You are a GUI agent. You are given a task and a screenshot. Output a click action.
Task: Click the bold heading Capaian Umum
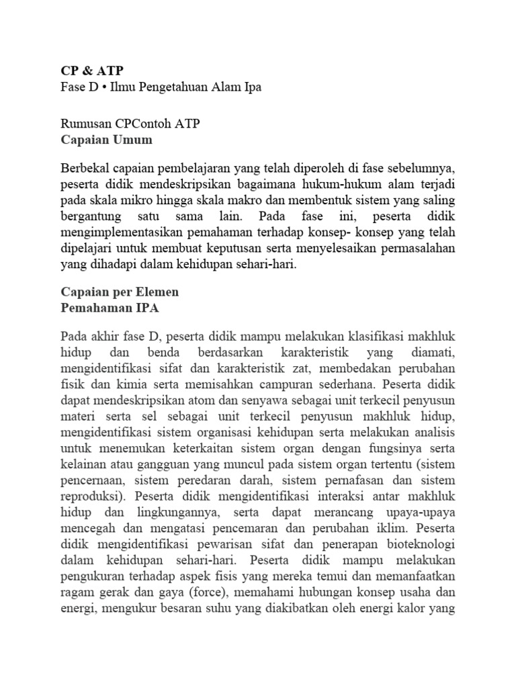106,140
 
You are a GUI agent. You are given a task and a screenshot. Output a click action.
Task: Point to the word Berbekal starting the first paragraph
85,167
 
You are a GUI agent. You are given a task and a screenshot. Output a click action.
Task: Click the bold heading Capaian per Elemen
120,293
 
